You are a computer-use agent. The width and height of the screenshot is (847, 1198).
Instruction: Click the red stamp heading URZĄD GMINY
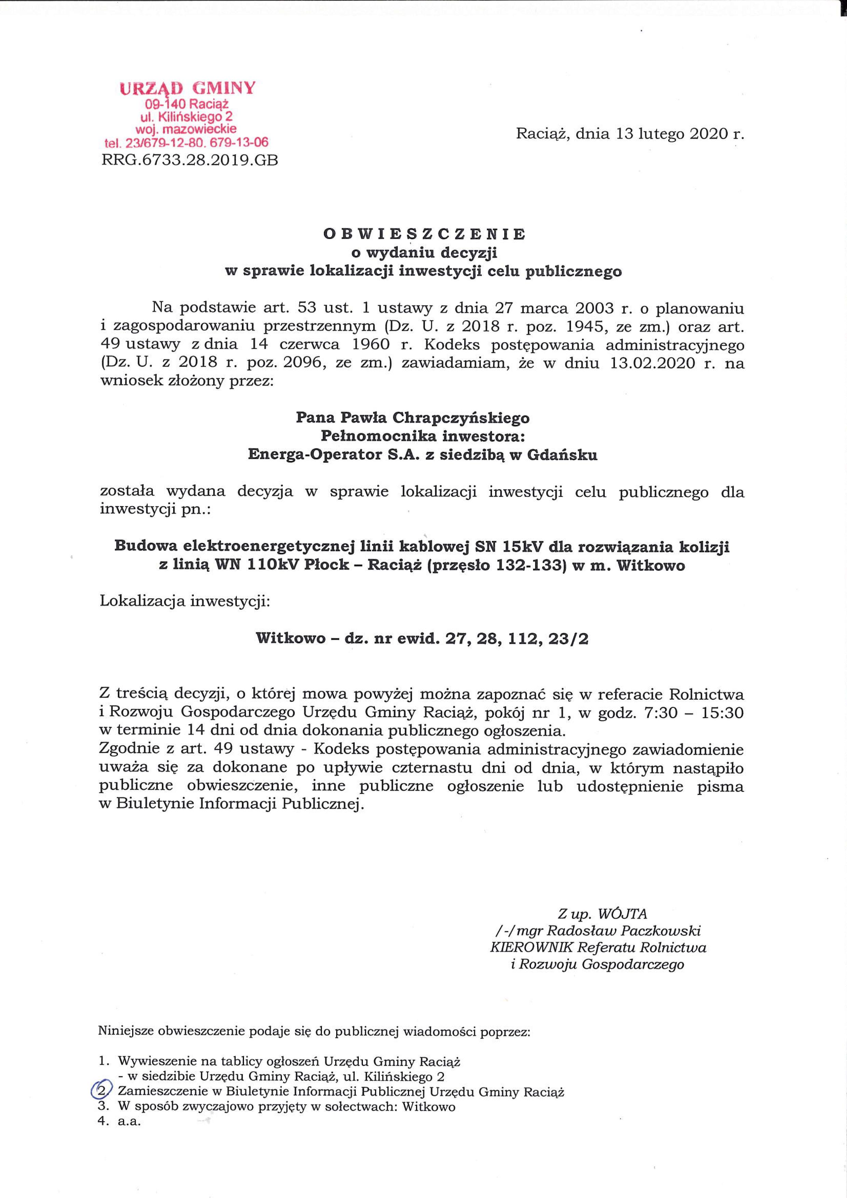(x=188, y=88)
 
